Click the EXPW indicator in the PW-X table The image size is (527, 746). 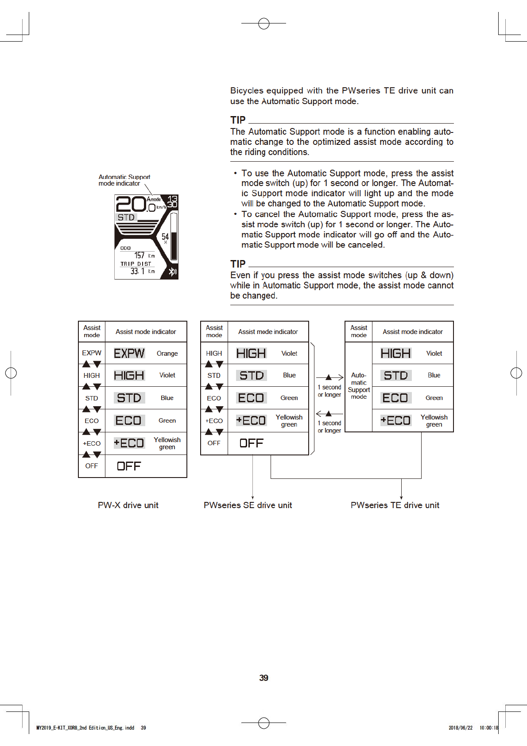click(129, 353)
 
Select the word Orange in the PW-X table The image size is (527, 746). click(167, 354)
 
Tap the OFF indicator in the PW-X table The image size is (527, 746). click(128, 466)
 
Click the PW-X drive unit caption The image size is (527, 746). click(128, 505)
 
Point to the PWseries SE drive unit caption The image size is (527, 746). click(248, 505)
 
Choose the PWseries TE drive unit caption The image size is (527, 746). click(395, 505)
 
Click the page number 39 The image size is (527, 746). click(263, 678)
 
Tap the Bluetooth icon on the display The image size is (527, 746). click(172, 272)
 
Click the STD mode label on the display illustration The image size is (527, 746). click(126, 218)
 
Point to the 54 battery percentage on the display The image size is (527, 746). click(165, 237)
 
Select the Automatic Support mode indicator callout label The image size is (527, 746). click(124, 180)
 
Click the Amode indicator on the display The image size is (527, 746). click(154, 199)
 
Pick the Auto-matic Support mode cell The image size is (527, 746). click(359, 386)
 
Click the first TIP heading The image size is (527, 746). click(238, 120)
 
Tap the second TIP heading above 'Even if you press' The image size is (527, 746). click(238, 264)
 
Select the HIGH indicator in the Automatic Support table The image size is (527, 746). click(395, 353)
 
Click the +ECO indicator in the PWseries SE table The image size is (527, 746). click(251, 420)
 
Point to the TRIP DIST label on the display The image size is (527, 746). click(136, 264)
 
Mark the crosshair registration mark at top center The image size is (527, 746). click(263, 23)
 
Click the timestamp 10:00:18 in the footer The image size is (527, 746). click(488, 727)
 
